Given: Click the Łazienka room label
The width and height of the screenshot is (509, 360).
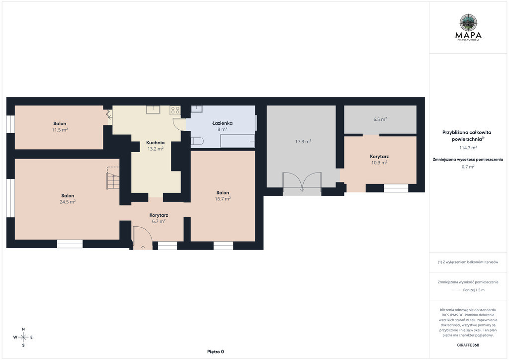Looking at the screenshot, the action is [x=222, y=123].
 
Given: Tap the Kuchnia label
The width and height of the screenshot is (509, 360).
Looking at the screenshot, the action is [x=156, y=143].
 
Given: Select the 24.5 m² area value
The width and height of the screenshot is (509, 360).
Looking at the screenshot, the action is [x=68, y=202].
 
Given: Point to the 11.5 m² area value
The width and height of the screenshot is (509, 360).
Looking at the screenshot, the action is [x=60, y=130].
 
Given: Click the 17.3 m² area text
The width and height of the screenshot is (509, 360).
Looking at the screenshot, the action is [x=303, y=142].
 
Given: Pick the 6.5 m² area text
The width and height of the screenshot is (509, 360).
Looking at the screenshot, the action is [x=380, y=119].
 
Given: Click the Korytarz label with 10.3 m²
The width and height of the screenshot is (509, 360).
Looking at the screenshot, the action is [x=379, y=157].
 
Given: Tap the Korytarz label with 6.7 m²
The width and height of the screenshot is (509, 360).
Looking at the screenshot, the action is [x=159, y=215].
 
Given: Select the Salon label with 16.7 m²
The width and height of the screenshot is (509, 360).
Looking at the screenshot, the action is [x=223, y=192].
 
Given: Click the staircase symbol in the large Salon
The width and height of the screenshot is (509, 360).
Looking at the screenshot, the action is [x=113, y=178].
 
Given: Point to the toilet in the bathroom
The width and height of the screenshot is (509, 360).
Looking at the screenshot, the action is [x=197, y=141].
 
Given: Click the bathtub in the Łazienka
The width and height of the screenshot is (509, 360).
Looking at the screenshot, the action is [x=238, y=141].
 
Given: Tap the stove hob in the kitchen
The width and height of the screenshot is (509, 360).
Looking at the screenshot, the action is [x=175, y=110].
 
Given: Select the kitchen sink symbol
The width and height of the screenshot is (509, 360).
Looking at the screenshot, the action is [x=153, y=110].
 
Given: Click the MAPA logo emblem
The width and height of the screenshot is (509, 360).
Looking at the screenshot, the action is [x=468, y=23].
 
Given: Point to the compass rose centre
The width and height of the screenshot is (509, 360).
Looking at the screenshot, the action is [x=23, y=337].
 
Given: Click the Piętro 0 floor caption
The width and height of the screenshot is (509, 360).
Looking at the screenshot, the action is [x=216, y=352].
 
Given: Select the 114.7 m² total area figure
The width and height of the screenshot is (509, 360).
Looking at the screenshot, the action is [x=468, y=148].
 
